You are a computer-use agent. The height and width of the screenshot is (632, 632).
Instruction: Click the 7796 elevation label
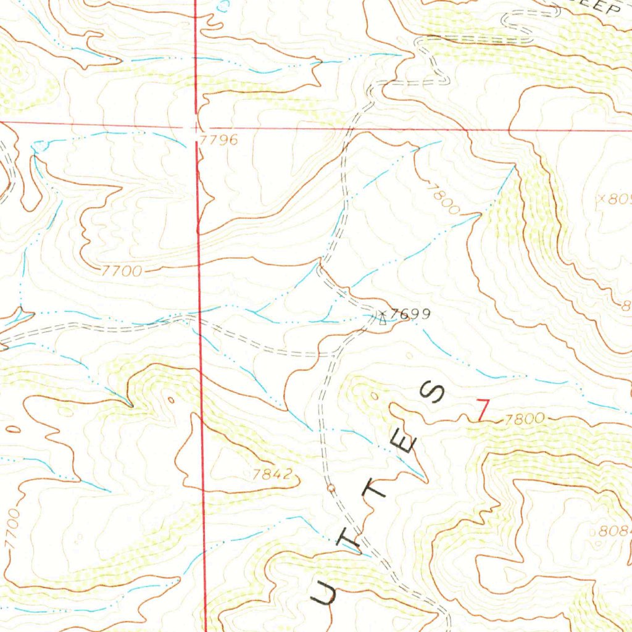(x=219, y=140)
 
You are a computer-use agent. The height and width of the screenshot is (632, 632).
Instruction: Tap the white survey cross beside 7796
(x=195, y=128)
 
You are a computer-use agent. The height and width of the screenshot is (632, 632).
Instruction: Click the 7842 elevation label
(x=272, y=475)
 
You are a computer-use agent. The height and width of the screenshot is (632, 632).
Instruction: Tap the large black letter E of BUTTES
(x=409, y=442)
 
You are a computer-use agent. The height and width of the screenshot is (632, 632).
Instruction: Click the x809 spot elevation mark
(x=613, y=199)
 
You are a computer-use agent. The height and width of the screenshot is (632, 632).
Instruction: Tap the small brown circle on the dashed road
(x=331, y=489)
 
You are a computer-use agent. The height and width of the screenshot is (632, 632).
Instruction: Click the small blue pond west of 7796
(x=39, y=146)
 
